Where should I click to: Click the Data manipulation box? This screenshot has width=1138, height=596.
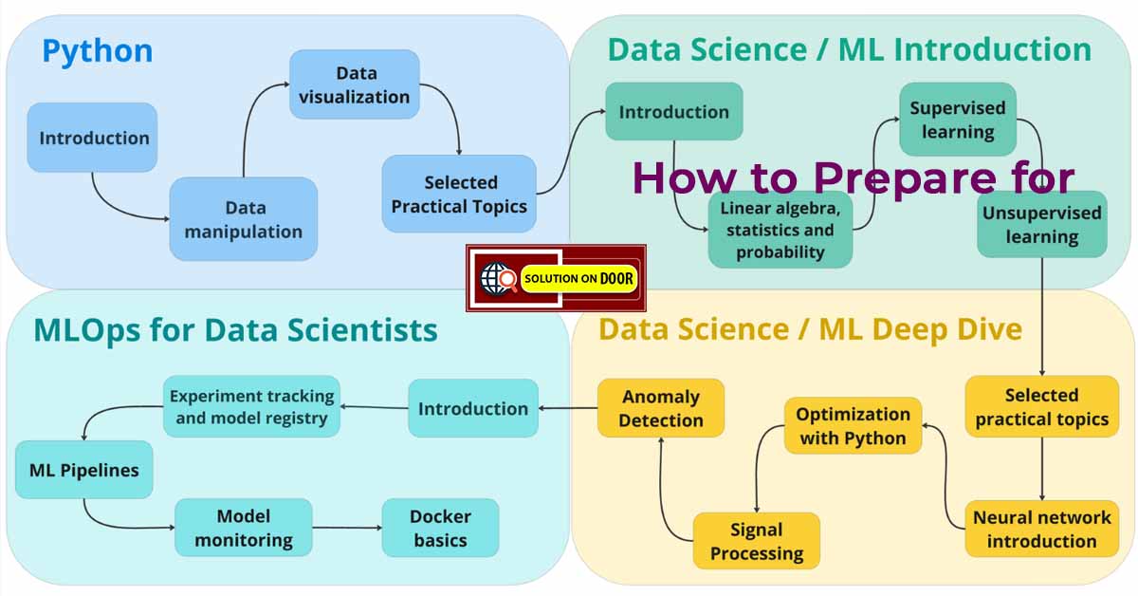click(243, 219)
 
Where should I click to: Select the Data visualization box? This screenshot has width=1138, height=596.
click(354, 84)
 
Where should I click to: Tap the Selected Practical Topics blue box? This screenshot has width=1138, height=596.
click(459, 194)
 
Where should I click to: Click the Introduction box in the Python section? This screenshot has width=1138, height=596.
click(93, 138)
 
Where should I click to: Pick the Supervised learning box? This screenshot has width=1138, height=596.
click(958, 119)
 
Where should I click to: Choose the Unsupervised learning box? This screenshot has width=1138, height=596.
click(1041, 224)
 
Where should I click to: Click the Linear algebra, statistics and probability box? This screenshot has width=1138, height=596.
click(780, 230)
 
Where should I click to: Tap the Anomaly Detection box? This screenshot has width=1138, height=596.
click(661, 408)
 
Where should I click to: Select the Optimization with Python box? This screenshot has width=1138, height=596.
click(853, 425)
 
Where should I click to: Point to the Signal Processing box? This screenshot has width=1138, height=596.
click(756, 541)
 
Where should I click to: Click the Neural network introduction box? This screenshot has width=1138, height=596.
click(1041, 529)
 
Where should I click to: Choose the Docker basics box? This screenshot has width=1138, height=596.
click(440, 528)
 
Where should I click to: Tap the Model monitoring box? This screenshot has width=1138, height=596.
click(243, 528)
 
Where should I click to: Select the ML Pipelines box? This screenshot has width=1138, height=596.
click(83, 470)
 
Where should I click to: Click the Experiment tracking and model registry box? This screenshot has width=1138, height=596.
click(250, 406)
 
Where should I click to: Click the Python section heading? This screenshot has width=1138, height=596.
click(97, 50)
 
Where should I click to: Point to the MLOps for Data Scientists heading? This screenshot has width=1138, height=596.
click(235, 329)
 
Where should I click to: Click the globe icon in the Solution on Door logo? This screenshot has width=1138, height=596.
click(494, 278)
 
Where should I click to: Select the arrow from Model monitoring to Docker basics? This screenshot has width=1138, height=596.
click(346, 528)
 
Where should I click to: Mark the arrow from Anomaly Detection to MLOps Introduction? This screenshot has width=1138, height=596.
click(567, 409)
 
